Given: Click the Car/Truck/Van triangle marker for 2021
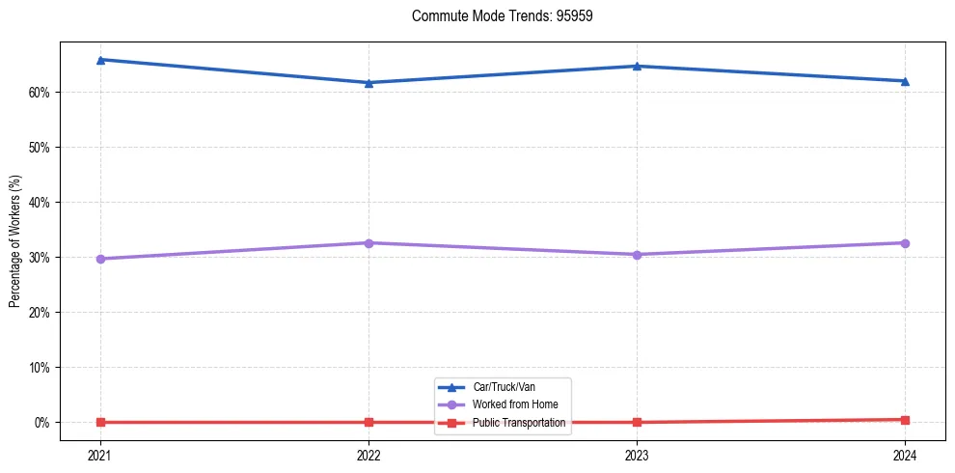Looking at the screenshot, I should tap(100, 60).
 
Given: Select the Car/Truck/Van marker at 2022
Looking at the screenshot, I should tap(368, 83).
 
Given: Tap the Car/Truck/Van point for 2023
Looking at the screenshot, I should tap(637, 67).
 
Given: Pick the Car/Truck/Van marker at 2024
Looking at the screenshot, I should tap(905, 81).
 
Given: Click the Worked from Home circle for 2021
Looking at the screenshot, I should tap(100, 259).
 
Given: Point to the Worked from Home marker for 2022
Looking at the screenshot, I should tap(368, 242).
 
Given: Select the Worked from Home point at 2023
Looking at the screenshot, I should tap(637, 255).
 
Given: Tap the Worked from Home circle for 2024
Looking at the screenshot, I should tap(905, 242).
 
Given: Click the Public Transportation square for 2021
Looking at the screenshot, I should tap(100, 422).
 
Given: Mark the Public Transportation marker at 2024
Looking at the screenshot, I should tap(905, 420).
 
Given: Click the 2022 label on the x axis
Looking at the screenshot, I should tap(368, 454).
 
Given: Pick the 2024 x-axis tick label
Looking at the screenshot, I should tap(905, 454).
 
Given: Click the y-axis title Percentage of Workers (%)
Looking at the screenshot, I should tap(14, 240).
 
